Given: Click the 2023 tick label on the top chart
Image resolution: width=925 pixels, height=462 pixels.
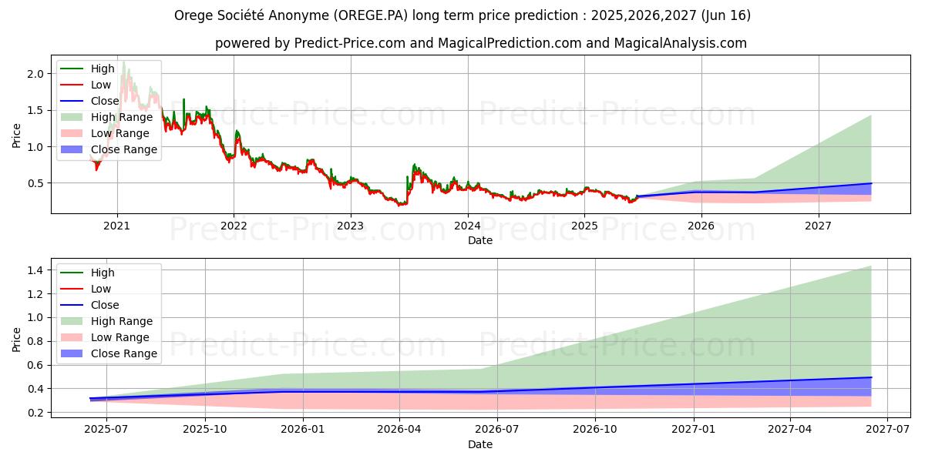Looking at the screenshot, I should (350, 226).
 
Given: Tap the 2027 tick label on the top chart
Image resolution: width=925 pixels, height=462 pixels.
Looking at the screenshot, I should (818, 226).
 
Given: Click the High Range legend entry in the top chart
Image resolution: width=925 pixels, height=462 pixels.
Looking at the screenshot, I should (123, 117).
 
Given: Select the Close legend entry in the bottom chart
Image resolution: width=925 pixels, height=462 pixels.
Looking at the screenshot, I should (105, 305).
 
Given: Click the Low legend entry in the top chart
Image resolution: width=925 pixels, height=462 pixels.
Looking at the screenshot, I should (101, 85).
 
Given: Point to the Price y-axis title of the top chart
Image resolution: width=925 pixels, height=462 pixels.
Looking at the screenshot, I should (16, 136).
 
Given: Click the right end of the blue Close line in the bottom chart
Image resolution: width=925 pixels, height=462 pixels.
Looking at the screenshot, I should (871, 377).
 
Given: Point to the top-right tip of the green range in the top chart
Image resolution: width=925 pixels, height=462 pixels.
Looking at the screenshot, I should (871, 115).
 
